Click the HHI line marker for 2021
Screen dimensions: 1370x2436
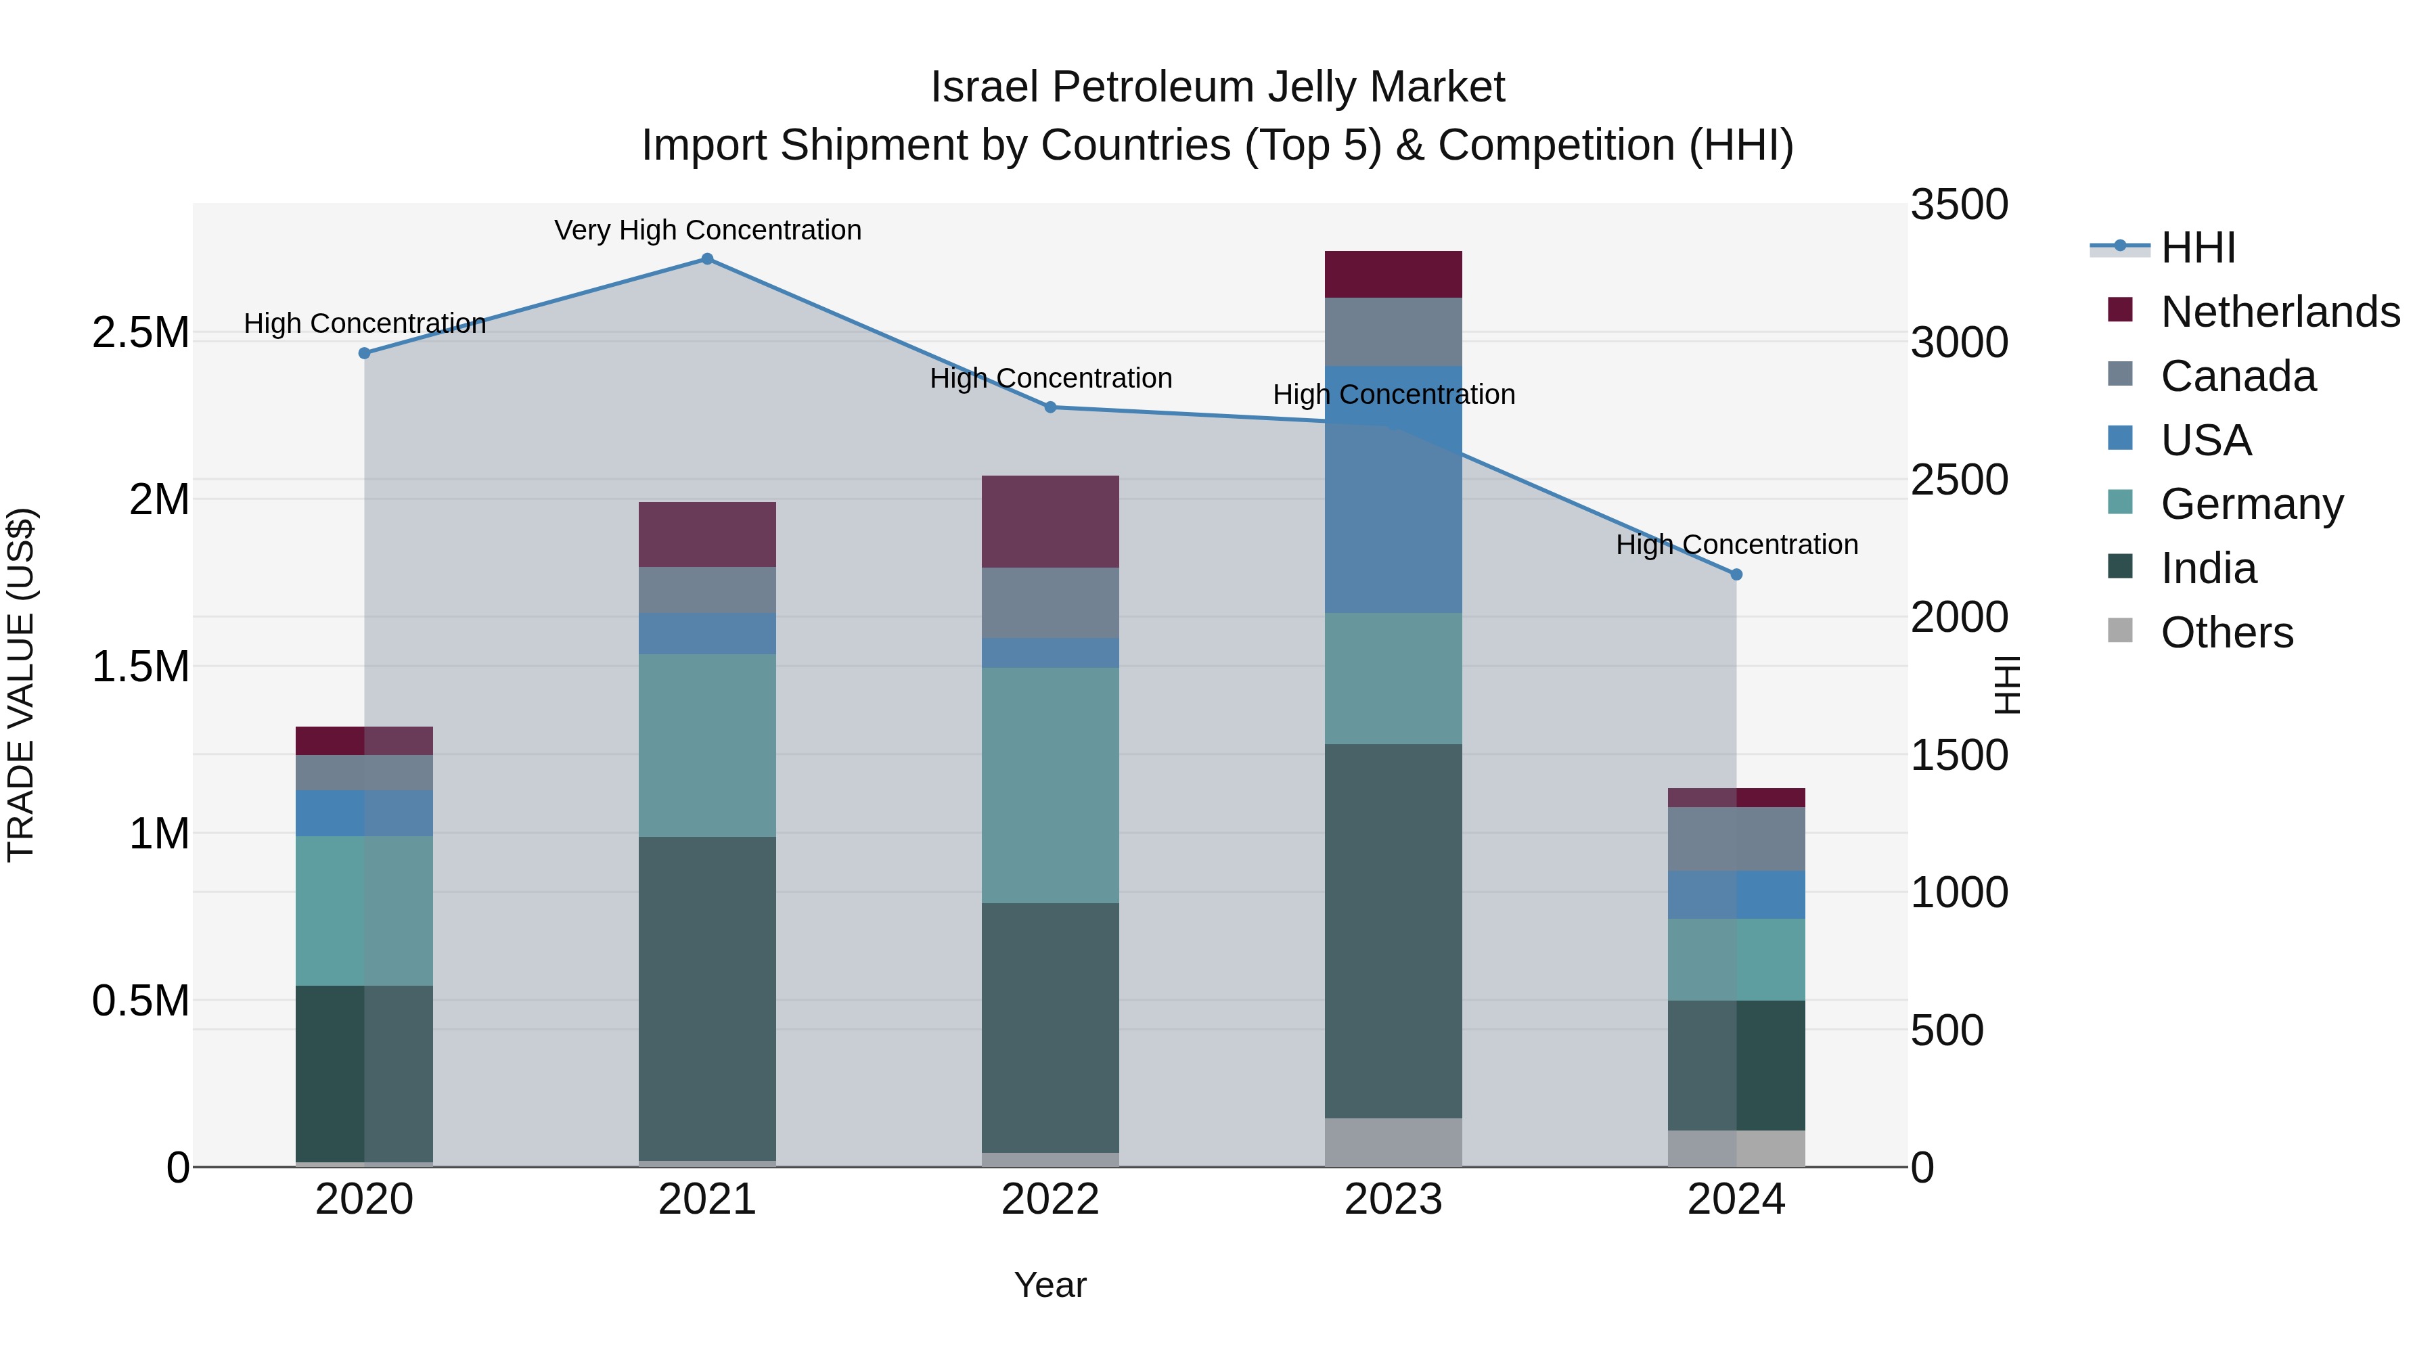pos(707,259)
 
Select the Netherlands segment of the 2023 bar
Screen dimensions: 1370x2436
pos(1393,274)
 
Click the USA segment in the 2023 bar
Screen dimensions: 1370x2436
pos(1393,489)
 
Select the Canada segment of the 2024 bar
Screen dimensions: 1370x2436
pos(1736,839)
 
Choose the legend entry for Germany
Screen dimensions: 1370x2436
pos(2251,504)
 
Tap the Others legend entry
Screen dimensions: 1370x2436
pos(2226,633)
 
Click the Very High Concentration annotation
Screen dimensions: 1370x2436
pos(707,230)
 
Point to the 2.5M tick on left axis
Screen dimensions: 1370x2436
pos(140,333)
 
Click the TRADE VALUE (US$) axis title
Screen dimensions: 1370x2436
pos(21,685)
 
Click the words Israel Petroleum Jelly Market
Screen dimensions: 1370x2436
pos(1217,87)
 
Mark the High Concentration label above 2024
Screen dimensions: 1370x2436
pos(1736,545)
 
